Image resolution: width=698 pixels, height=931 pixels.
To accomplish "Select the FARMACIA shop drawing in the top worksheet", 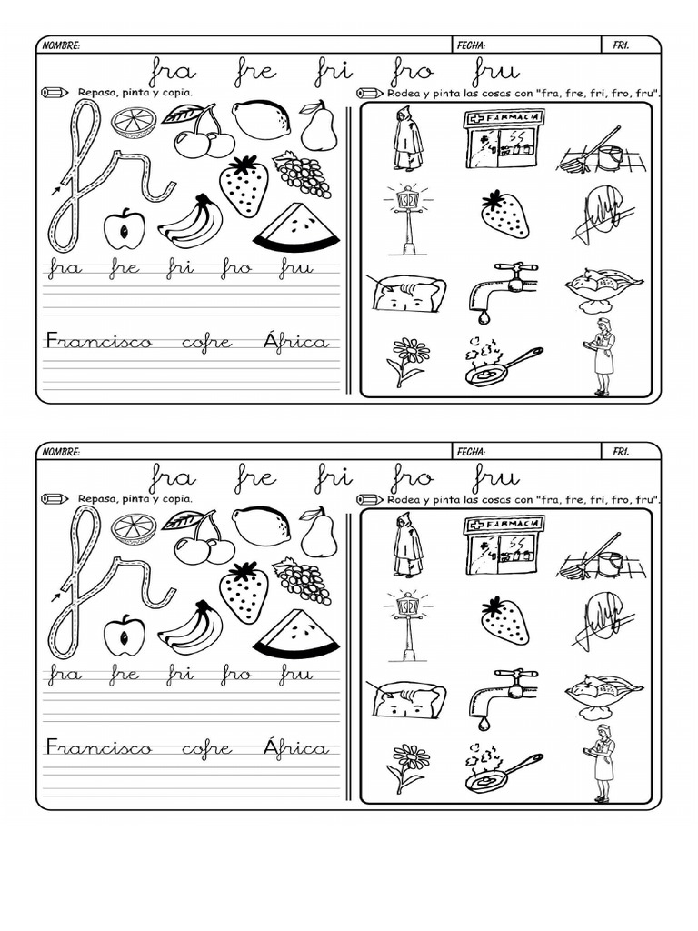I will tap(504, 138).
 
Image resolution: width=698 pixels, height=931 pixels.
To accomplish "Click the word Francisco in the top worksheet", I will tap(100, 343).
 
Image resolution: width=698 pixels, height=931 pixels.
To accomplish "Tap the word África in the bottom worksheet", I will tap(295, 748).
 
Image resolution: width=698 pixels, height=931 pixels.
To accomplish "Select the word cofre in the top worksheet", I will tap(207, 343).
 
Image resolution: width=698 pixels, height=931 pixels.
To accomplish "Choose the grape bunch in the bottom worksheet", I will tap(302, 580).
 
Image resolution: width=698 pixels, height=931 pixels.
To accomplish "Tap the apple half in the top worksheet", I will tap(123, 229).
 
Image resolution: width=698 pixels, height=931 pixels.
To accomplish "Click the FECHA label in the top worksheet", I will tap(471, 45).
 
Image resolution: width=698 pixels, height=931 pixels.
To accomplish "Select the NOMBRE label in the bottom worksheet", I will tap(62, 452).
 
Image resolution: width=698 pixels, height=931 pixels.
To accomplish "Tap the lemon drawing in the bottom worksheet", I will tap(261, 525).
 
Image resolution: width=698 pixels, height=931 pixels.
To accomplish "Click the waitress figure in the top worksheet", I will tap(602, 356).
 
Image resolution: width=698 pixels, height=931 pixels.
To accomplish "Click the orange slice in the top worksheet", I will tap(134, 121).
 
